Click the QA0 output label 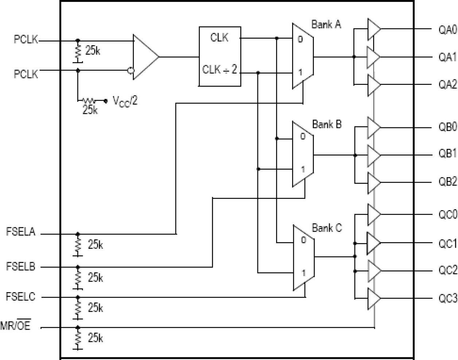(447, 29)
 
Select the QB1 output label (447, 154)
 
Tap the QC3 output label (447, 298)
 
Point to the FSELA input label (21, 232)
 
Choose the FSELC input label (21, 297)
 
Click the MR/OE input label (15, 325)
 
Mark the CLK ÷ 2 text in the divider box (220, 69)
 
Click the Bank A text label (326, 24)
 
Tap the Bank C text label (327, 228)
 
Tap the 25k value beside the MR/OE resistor (95, 338)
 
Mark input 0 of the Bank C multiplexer (303, 240)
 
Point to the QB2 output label (447, 182)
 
